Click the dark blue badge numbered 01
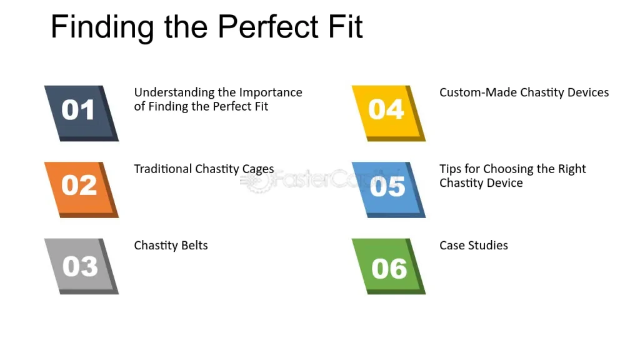point(81,113)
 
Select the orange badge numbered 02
point(81,190)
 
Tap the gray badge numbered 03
point(81,266)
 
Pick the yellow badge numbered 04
point(389,113)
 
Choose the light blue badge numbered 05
point(389,190)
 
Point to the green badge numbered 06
point(389,266)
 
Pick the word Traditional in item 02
point(163,169)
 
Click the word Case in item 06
point(452,245)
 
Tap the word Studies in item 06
point(488,245)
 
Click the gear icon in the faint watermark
point(257,181)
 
